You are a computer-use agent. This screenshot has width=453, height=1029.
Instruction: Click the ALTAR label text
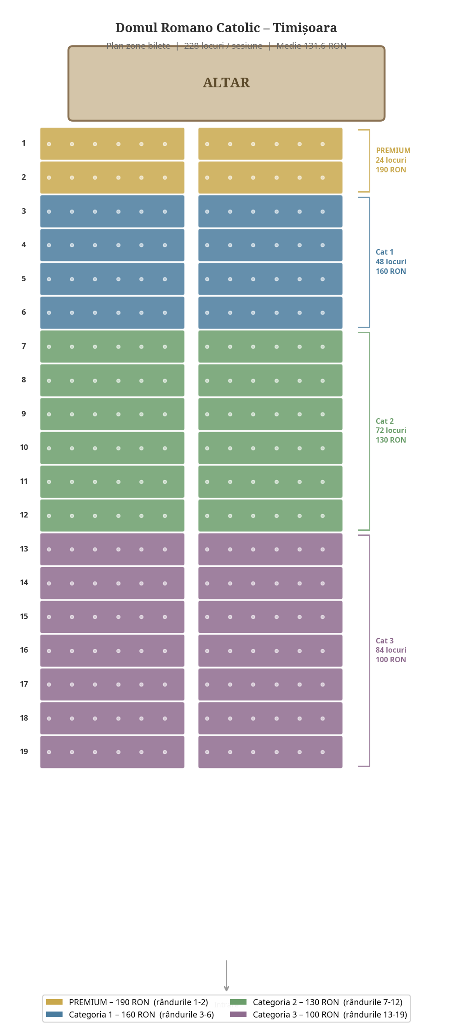pyautogui.click(x=226, y=83)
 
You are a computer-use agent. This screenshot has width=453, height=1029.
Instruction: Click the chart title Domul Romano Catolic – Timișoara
pyautogui.click(x=226, y=28)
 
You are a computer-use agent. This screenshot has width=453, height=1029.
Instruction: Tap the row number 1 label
pyautogui.click(x=23, y=143)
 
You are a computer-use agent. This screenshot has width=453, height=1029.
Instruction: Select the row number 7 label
pyautogui.click(x=23, y=346)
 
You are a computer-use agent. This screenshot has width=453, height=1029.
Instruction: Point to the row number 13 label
pyautogui.click(x=24, y=549)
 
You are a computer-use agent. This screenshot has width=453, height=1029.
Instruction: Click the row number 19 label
pyautogui.click(x=24, y=751)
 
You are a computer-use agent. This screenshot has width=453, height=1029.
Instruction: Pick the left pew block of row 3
pyautogui.click(x=112, y=211)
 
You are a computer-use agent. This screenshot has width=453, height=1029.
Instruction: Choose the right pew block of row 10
pyautogui.click(x=270, y=448)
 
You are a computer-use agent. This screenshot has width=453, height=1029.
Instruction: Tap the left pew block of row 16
pyautogui.click(x=112, y=650)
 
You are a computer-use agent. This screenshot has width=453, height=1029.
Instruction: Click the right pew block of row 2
pyautogui.click(x=270, y=177)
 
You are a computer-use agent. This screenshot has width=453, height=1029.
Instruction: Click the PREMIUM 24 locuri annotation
pyautogui.click(x=393, y=160)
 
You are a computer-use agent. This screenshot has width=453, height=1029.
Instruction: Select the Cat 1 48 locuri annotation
pyautogui.click(x=391, y=262)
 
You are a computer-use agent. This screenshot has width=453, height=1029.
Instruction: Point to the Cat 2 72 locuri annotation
pyautogui.click(x=391, y=430)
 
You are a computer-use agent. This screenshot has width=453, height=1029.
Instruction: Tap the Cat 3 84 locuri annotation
pyautogui.click(x=391, y=650)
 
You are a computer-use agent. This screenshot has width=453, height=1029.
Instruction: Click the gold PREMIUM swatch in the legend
pyautogui.click(x=54, y=1002)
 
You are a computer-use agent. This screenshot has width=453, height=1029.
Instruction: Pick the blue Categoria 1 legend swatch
pyautogui.click(x=54, y=1014)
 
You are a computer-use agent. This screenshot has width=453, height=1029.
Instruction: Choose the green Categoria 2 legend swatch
pyautogui.click(x=238, y=1002)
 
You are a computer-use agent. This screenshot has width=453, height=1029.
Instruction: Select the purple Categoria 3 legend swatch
pyautogui.click(x=238, y=1014)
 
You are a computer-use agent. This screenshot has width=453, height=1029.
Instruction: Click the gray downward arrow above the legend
pyautogui.click(x=226, y=975)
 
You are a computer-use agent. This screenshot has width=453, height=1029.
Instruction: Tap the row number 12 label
pyautogui.click(x=24, y=515)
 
